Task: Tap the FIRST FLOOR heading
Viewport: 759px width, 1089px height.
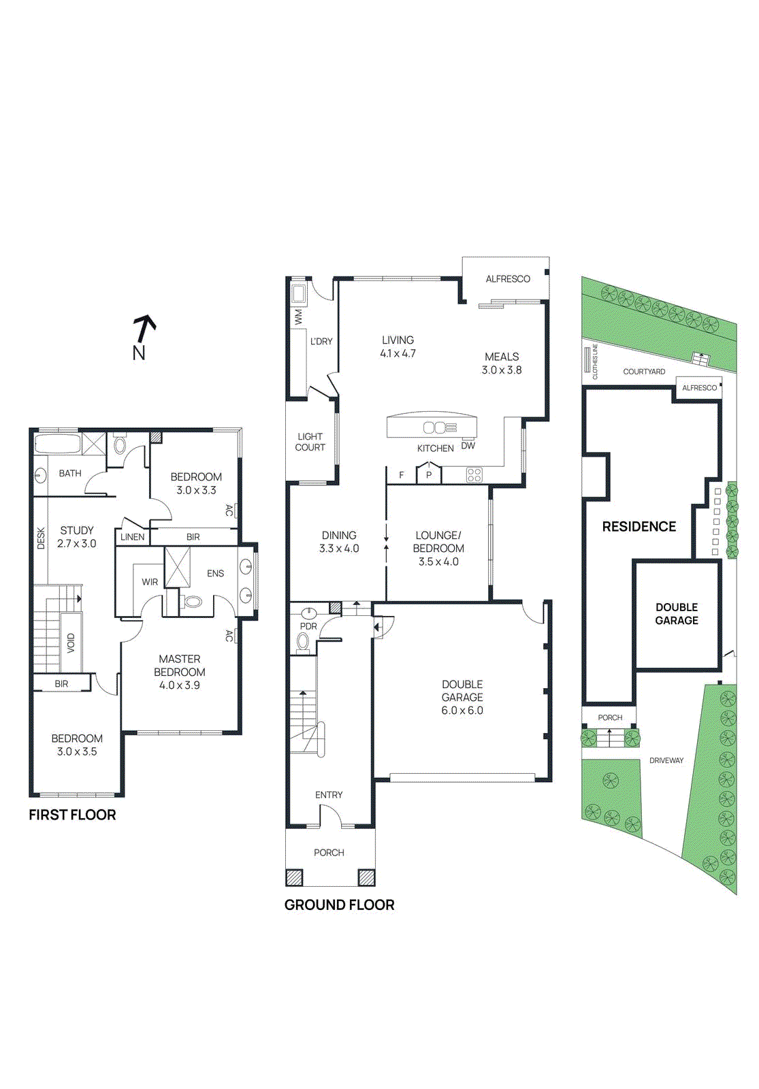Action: coord(72,815)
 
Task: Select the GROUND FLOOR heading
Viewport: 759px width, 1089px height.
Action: coord(339,905)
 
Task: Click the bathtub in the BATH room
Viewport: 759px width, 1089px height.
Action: coord(57,445)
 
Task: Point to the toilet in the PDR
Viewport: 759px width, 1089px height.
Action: coord(303,641)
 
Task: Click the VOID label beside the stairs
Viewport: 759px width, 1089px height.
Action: coord(71,643)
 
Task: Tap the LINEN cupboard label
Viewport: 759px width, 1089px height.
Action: coord(132,537)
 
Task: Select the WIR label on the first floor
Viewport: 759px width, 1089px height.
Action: coord(150,582)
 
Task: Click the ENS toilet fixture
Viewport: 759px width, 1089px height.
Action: coord(193,602)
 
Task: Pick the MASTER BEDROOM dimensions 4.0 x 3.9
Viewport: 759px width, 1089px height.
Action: coord(180,685)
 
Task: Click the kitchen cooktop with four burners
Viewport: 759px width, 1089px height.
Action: coord(474,475)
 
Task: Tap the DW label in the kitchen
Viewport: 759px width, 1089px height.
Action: coord(468,446)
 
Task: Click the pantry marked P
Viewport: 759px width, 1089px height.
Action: coord(429,474)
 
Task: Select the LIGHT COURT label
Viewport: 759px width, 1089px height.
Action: coord(310,442)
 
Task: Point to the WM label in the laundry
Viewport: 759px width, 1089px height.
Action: coord(298,317)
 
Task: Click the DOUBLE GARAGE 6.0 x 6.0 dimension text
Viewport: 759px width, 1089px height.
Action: coord(462,711)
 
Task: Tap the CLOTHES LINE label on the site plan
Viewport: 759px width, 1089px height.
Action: coord(594,361)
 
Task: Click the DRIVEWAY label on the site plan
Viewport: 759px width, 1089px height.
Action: coord(666,760)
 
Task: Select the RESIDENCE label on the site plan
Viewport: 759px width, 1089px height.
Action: coord(639,526)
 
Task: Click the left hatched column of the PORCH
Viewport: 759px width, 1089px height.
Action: coord(294,877)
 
